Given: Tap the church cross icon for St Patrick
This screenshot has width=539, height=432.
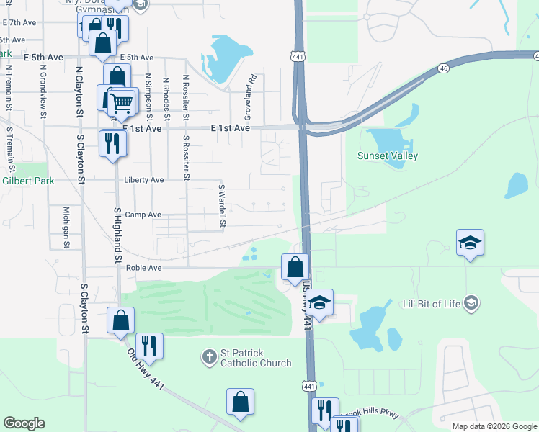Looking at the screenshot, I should point(209,356).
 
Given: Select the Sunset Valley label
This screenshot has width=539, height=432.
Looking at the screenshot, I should point(388,156).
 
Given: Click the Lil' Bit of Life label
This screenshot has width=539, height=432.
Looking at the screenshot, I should point(431,303).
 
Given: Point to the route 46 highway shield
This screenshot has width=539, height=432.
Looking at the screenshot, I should point(444,68).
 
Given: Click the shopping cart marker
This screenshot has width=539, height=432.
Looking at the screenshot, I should point(122,102).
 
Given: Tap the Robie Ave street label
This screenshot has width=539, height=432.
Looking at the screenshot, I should point(143,268).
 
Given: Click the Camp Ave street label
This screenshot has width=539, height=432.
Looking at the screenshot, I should point(143,215).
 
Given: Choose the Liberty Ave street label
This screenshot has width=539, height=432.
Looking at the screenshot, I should point(144,180).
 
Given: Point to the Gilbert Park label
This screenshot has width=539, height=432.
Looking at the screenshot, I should point(27,181).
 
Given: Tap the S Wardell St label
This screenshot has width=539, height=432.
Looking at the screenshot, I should point(223,204).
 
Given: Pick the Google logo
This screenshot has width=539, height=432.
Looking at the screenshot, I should point(24,423).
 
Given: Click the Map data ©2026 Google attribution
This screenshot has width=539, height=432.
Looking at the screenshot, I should point(494,426).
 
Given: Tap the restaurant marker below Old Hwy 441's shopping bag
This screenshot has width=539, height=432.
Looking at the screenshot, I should point(149,346).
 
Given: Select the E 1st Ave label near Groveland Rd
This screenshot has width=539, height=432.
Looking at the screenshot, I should point(230,127).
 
